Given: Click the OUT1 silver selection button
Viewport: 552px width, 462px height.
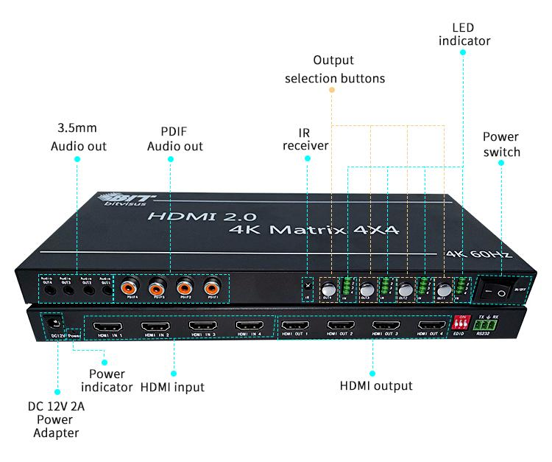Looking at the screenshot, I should (444, 290).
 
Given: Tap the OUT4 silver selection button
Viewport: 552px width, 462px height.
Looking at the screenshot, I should (328, 290).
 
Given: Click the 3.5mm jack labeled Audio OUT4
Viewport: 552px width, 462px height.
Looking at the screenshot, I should (48, 290).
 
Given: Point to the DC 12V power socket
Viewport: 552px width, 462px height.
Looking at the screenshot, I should (52, 322).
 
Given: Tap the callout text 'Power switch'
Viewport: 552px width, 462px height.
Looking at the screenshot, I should (501, 144).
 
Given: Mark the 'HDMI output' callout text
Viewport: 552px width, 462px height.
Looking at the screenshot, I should (376, 385).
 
